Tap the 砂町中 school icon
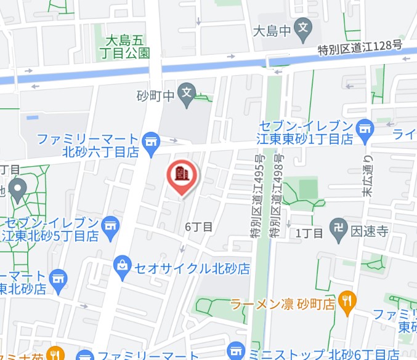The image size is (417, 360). [x=186, y=94]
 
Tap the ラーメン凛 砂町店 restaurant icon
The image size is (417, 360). [x=347, y=300]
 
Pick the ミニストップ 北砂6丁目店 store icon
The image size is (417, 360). [x=235, y=351]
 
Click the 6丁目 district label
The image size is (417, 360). [x=199, y=226]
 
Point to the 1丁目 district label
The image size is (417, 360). [x=309, y=233]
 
